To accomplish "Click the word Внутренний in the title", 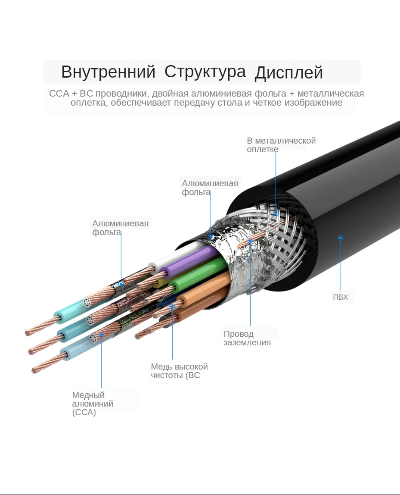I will point(108,72).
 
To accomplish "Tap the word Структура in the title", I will point(205,72).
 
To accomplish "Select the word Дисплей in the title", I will point(288,73).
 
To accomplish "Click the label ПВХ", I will point(340,297).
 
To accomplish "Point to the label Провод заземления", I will point(247,338).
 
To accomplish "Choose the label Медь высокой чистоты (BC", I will point(179,371).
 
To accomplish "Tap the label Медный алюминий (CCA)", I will point(93,404).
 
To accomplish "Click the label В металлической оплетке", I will point(281,145).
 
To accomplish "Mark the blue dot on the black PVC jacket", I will point(340,238).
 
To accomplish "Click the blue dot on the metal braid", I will point(276,213).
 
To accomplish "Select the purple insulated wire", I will point(189,263).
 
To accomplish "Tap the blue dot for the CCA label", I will point(102,334).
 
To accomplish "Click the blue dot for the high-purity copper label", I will point(172,307).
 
